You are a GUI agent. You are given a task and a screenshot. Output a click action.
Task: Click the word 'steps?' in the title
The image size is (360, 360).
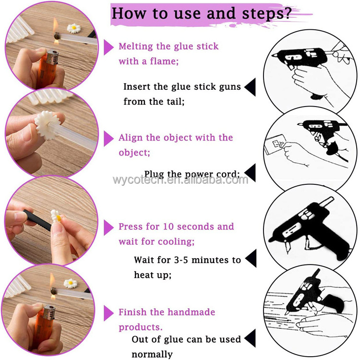(x=267, y=14)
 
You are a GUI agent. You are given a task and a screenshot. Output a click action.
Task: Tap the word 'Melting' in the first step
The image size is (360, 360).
(x=136, y=47)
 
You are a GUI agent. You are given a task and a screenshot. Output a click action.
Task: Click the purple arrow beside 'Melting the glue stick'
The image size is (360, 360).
(x=108, y=48)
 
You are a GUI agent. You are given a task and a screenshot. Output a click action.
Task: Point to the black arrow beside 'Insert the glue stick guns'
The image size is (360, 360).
(x=250, y=87)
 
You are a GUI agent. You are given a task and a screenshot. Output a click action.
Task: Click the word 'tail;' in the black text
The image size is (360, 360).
(x=175, y=101)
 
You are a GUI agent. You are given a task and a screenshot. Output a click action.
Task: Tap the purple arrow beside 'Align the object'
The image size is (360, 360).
(x=108, y=138)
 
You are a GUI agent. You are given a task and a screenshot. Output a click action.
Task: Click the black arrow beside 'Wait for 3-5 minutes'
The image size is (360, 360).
(x=251, y=258)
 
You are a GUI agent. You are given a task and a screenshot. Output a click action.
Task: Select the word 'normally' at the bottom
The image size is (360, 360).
(x=152, y=355)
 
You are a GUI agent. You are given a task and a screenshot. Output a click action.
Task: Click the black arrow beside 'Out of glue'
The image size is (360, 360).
(x=250, y=338)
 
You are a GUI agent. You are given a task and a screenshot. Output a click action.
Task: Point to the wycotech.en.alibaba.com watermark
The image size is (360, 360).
(x=180, y=180)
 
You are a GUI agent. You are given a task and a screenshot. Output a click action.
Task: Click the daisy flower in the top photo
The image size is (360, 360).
(x=74, y=28)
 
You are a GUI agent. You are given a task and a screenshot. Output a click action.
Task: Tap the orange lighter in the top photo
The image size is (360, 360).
(x=48, y=69)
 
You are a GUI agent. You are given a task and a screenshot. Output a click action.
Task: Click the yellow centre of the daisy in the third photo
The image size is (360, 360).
(x=59, y=218)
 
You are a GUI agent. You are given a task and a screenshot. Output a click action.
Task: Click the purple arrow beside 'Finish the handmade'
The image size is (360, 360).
(x=108, y=313)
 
